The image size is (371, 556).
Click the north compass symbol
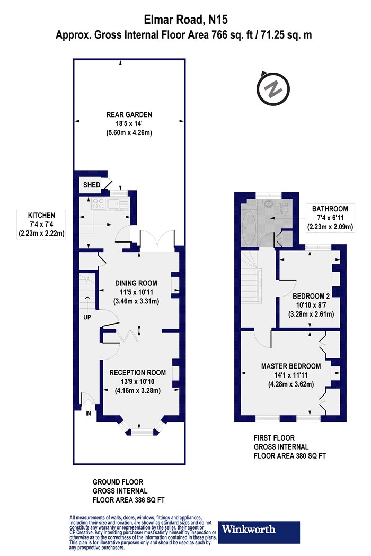coord(273,89)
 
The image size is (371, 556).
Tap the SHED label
coord(92,185)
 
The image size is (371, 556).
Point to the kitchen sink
coord(119,204)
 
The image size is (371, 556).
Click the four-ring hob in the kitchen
coord(99,203)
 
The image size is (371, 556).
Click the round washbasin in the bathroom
coord(268,203)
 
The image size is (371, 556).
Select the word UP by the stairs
coord(87,317)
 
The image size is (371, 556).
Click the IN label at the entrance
coord(88,413)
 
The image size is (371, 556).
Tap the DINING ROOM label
coord(136,283)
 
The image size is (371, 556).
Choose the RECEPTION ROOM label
coord(137,372)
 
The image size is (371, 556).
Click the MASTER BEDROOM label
coord(291,366)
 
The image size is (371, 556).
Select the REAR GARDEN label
coord(129,114)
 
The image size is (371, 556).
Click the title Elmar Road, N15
coord(185,20)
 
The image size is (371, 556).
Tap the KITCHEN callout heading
coord(41,215)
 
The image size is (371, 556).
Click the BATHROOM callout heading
coord(330,209)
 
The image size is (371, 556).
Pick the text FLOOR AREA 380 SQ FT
coord(290,456)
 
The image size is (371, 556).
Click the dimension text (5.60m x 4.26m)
coord(129,133)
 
